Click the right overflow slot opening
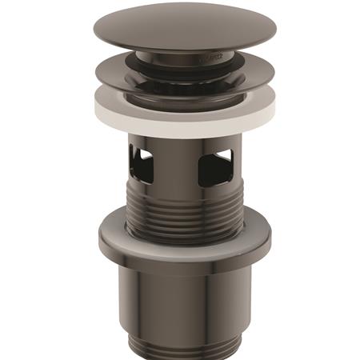(x=214, y=166)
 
